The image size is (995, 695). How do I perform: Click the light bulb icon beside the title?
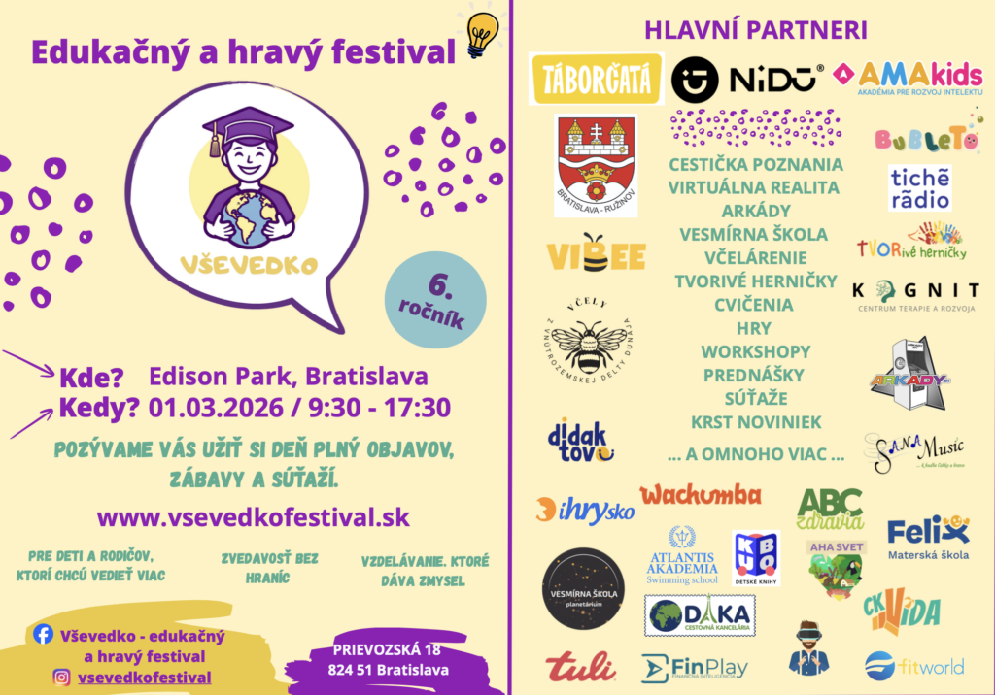[x=482, y=36]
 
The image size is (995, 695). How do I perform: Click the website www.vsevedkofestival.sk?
[x=253, y=516]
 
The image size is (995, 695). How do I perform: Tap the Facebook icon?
[x=43, y=634]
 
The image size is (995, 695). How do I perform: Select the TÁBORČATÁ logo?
[x=596, y=80]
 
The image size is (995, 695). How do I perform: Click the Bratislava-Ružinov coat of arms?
[x=595, y=165]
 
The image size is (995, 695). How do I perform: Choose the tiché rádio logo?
[x=919, y=188]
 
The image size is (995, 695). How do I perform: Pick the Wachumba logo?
[x=700, y=495]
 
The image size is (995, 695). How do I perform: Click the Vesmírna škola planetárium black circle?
[x=583, y=588]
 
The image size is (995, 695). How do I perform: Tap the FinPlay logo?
[x=695, y=667]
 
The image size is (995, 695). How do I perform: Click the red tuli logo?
[x=579, y=667]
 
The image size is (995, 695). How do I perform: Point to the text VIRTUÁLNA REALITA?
[x=754, y=187]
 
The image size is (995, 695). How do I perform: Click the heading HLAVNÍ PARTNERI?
[x=755, y=29]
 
